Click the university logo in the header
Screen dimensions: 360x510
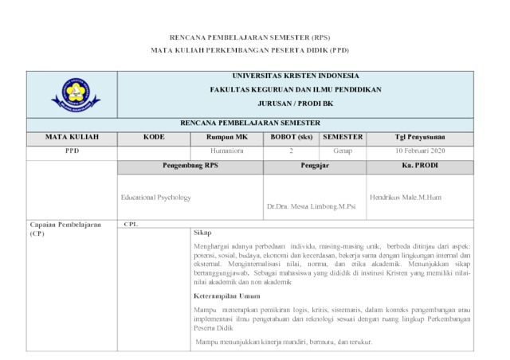point(76,95)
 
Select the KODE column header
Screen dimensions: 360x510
point(154,137)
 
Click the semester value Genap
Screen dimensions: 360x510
point(342,151)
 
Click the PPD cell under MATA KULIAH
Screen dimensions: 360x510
point(72,151)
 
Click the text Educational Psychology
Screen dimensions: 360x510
point(156,197)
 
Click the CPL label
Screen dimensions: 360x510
point(131,224)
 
